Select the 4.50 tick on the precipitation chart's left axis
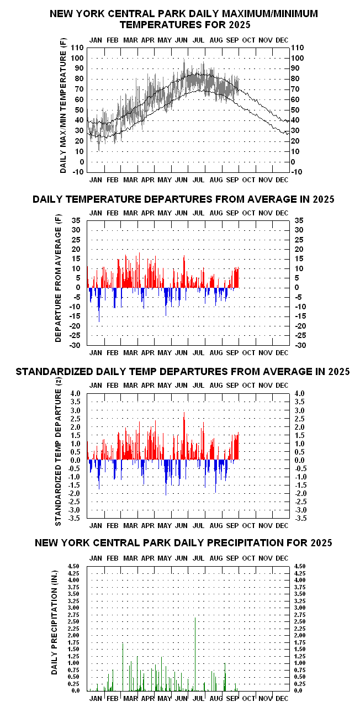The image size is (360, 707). [73, 566]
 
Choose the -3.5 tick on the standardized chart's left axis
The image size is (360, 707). [75, 518]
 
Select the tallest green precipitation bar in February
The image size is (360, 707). [123, 663]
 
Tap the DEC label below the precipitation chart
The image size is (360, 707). [282, 698]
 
